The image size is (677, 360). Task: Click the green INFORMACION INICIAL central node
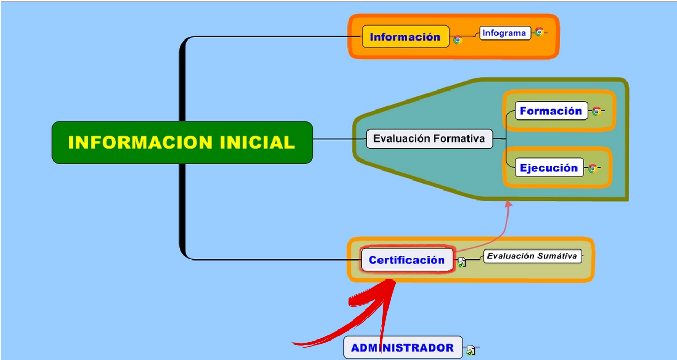pos(182,142)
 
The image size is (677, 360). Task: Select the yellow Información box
pos(405,36)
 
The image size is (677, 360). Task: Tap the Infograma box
pos(505,33)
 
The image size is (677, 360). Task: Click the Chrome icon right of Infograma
pos(539,32)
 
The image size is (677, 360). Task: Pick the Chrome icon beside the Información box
pos(457,39)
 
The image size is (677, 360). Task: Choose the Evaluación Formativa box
pos(430,139)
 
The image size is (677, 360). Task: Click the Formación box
pos(551,111)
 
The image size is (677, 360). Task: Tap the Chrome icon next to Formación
pos(596,111)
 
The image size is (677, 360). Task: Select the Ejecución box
pos(549,167)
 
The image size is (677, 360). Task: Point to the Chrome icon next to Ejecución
pos(593,168)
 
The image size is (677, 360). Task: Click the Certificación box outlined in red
pos(407,259)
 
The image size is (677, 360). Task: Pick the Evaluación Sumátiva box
pos(533,256)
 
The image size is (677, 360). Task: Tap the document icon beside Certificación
pos(462,262)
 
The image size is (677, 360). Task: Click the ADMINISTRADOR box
pos(403,347)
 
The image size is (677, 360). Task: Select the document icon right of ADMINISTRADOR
pos(471,351)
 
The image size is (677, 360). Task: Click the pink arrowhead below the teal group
pos(509,204)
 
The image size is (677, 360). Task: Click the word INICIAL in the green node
pos(257,142)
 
